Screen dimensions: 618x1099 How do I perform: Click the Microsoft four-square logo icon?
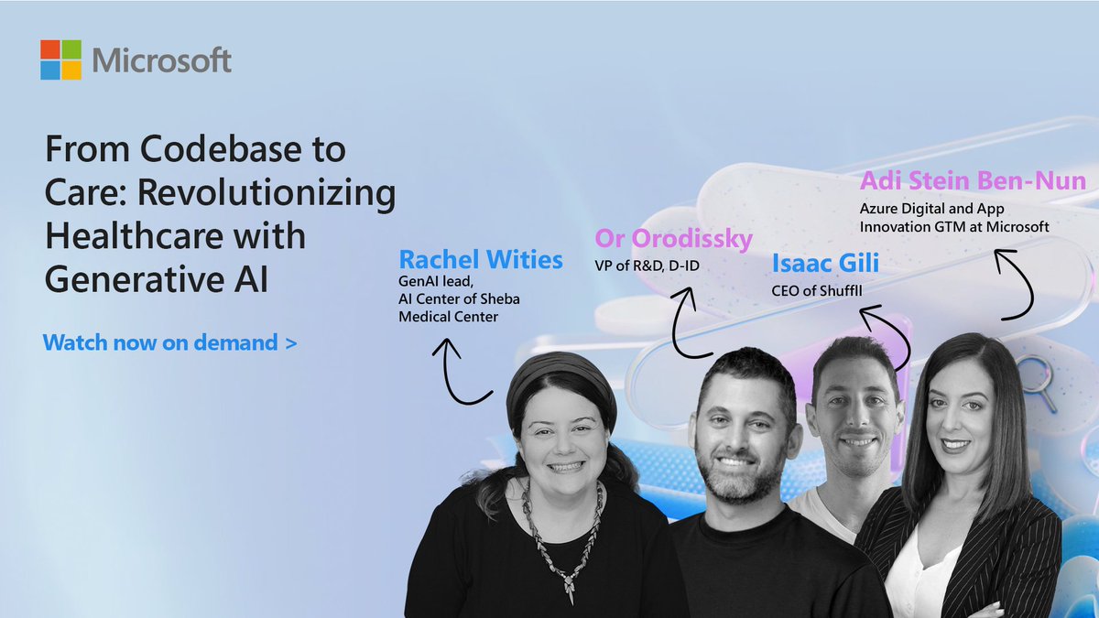click(61, 60)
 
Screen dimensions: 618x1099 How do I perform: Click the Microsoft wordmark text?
click(161, 61)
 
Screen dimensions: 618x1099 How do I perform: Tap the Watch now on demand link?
click(169, 343)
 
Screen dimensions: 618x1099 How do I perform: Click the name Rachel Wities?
click(481, 260)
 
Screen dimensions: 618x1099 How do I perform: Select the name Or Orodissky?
click(673, 239)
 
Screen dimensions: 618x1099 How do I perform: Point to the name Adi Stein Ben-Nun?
click(972, 180)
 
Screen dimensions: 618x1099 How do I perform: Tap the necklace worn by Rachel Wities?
click(560, 540)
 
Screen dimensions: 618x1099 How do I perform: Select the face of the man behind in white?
click(856, 417)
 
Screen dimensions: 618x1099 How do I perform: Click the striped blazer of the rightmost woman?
click(1017, 558)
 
